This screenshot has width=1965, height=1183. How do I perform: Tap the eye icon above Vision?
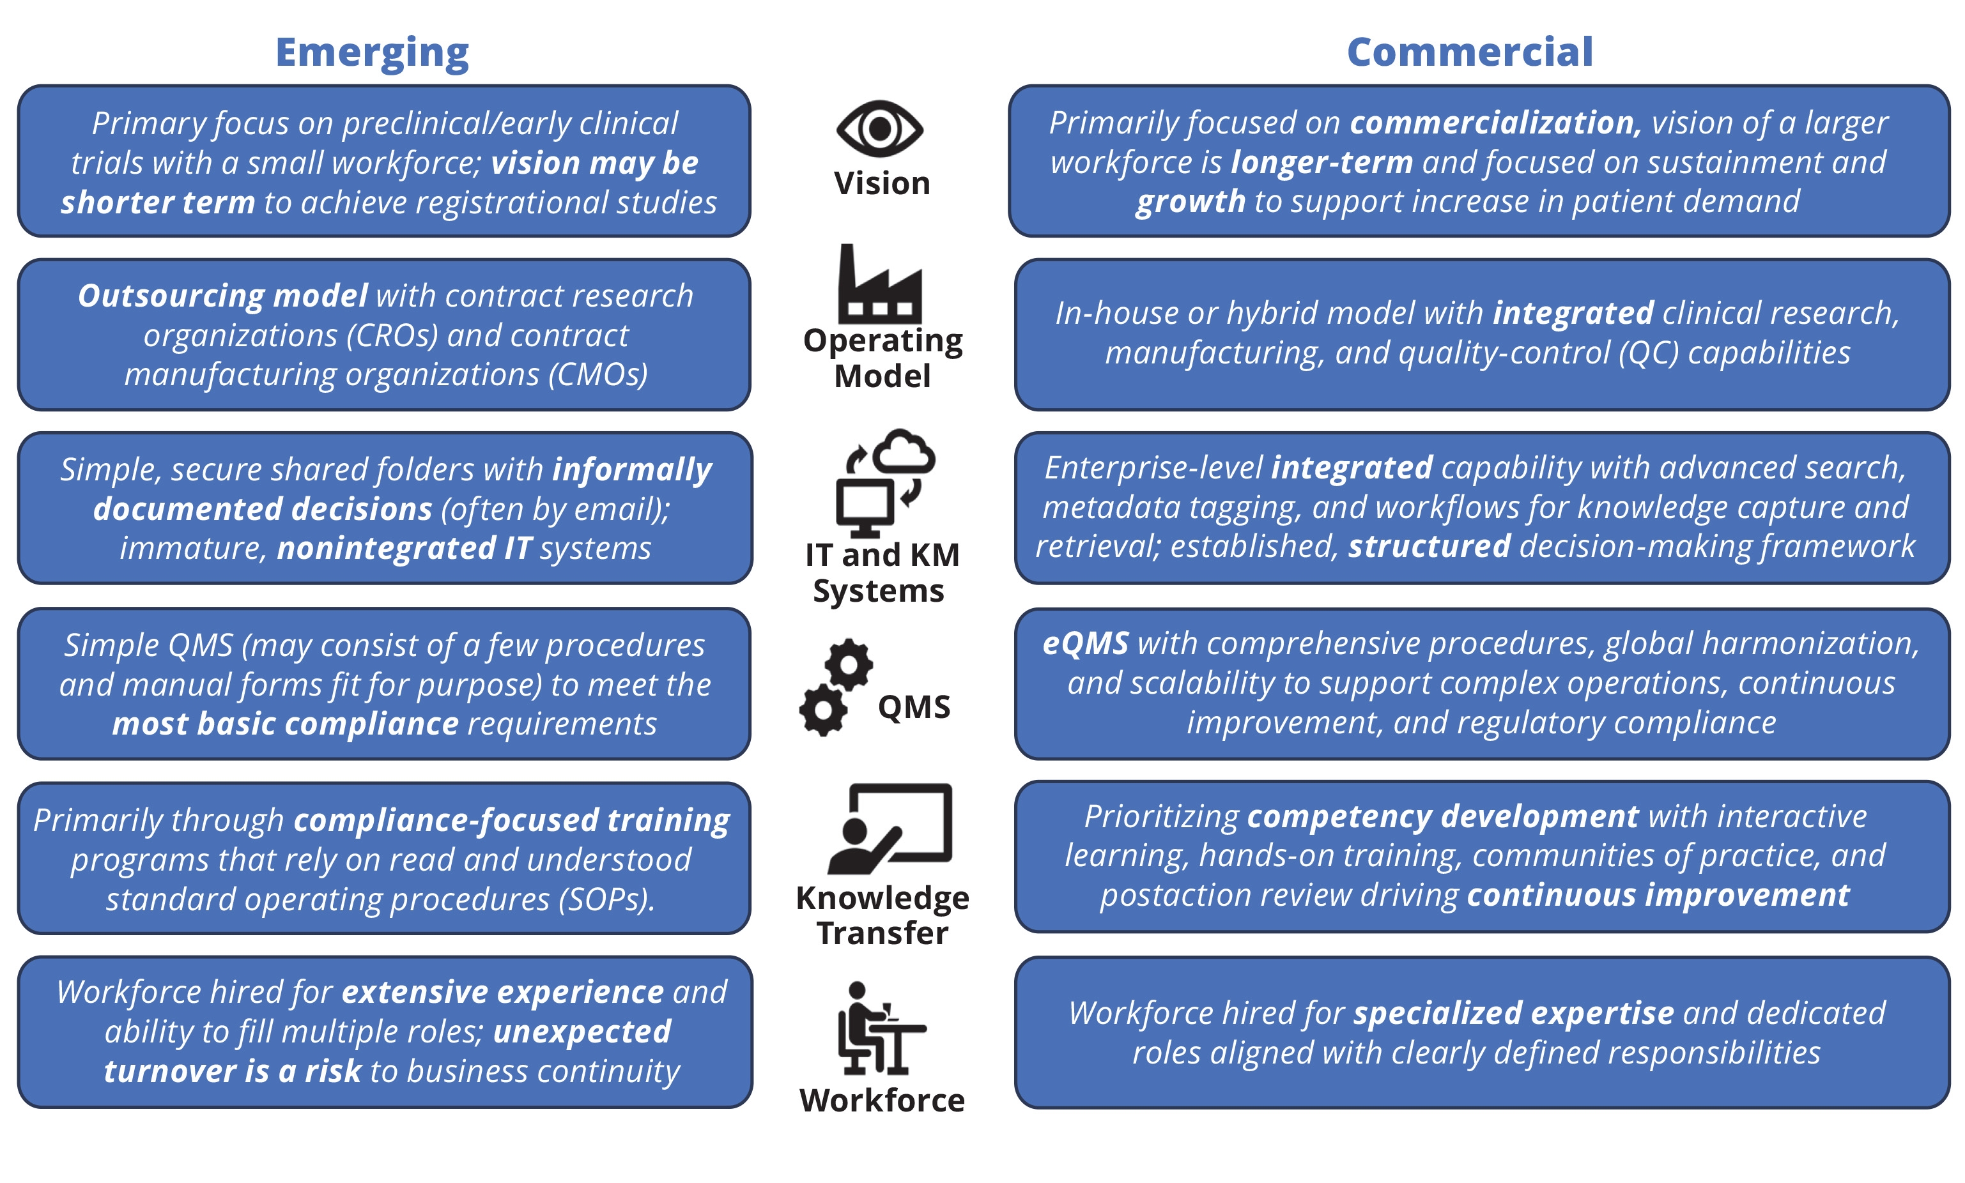pyautogui.click(x=880, y=129)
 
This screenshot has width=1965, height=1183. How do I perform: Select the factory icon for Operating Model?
pyautogui.click(x=880, y=285)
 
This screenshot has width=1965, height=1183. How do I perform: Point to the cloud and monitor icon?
pyautogui.click(x=884, y=482)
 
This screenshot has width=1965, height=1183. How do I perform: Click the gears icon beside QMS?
pyautogui.click(x=835, y=687)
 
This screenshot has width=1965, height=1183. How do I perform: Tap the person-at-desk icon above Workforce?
pyautogui.click(x=877, y=1028)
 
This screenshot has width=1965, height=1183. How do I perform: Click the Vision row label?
pyautogui.click(x=882, y=184)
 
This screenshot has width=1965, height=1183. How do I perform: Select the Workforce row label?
pyautogui.click(x=882, y=1101)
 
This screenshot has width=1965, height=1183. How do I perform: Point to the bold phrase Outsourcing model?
pyautogui.click(x=222, y=296)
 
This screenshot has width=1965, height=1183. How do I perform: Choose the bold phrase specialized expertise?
pyautogui.click(x=1514, y=1013)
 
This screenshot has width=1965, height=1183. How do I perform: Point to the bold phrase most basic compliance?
pyautogui.click(x=286, y=724)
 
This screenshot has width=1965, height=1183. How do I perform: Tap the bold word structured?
pyautogui.click(x=1429, y=547)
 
